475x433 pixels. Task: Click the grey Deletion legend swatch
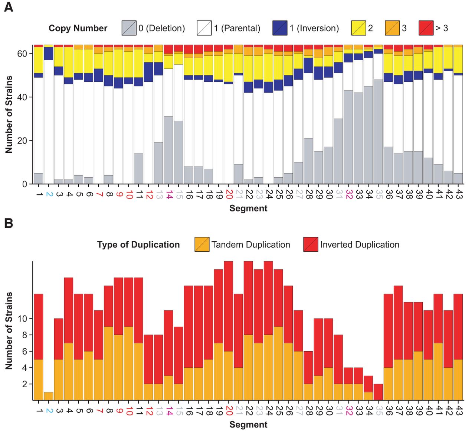click(x=129, y=28)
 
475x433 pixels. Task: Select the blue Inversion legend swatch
click(x=280, y=28)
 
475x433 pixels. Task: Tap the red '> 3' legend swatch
click(x=426, y=28)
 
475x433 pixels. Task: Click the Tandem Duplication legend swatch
click(x=202, y=245)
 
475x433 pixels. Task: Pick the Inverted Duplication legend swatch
click(x=311, y=245)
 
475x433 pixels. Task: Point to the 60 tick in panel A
click(x=22, y=54)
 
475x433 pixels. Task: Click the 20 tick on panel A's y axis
click(x=22, y=141)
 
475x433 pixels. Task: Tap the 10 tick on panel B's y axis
click(x=23, y=319)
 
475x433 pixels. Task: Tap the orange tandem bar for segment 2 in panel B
click(x=49, y=396)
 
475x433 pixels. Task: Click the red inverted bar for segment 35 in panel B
click(x=378, y=392)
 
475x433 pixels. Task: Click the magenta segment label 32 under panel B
click(x=349, y=411)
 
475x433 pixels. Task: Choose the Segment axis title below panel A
click(x=248, y=208)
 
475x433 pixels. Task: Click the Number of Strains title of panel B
click(x=9, y=330)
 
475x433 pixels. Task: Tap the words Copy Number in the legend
click(x=78, y=28)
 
